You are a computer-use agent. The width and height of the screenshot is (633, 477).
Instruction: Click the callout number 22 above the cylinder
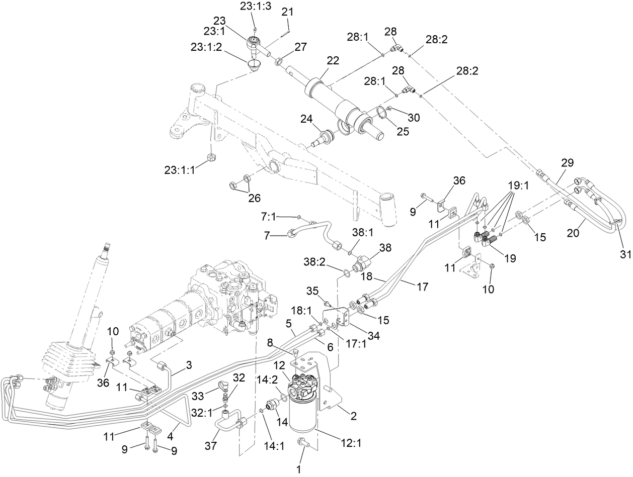point(333,60)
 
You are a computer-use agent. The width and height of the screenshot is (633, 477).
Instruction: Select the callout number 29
point(567,163)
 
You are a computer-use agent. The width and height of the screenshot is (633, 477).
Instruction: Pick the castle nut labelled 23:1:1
point(212,161)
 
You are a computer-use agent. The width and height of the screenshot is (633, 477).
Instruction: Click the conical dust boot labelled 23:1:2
point(254,66)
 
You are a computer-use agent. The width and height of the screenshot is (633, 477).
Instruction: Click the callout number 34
point(372,336)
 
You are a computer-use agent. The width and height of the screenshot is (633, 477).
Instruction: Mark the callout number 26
point(254,198)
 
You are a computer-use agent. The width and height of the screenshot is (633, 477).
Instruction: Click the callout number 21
point(287,12)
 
